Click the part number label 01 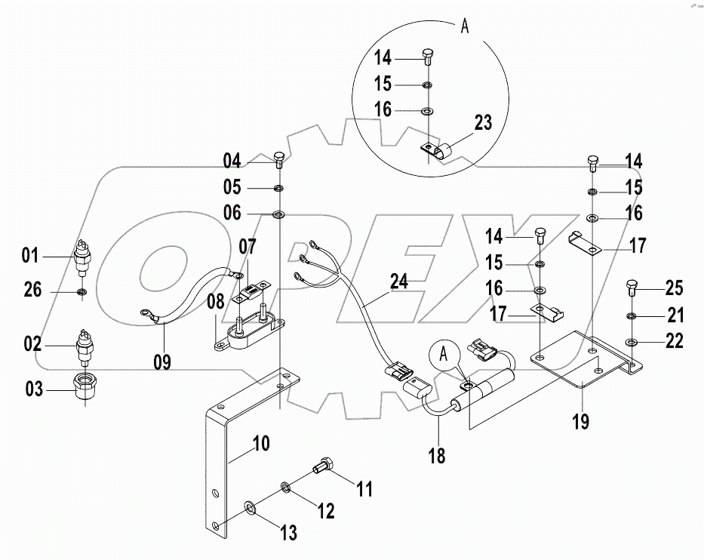click(29, 257)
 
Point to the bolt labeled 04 click(278, 158)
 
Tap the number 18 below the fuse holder click(436, 456)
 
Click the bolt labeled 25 click(632, 288)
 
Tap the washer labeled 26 click(81, 291)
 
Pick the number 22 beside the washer click(674, 341)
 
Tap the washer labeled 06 click(278, 214)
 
